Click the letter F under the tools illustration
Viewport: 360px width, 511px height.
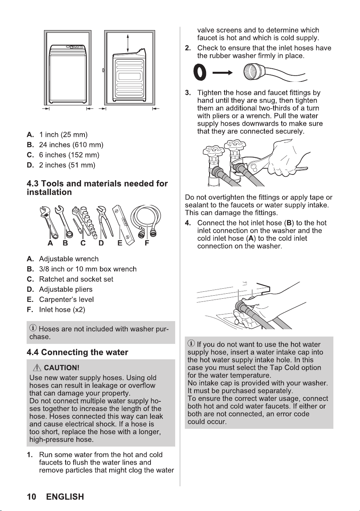click(x=147, y=243)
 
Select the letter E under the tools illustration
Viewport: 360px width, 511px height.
click(x=120, y=243)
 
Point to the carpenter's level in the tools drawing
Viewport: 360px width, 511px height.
click(x=123, y=225)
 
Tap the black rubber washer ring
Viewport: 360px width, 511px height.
click(x=200, y=73)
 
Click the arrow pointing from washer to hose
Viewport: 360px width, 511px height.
click(x=222, y=73)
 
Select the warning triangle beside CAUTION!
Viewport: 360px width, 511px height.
click(x=37, y=367)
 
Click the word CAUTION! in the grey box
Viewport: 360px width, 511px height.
click(x=62, y=368)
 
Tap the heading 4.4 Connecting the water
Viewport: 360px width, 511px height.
click(x=77, y=352)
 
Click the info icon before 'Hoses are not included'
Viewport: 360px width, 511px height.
click(x=33, y=328)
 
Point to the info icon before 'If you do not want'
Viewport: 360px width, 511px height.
click(x=191, y=343)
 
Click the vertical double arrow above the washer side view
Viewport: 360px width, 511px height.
click(x=128, y=43)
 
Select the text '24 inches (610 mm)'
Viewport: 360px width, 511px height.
click(x=71, y=145)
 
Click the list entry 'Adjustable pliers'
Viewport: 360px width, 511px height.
click(x=66, y=289)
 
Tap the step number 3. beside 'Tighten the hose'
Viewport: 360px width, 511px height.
click(x=188, y=93)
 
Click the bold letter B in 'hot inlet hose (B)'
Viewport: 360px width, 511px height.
click(x=289, y=223)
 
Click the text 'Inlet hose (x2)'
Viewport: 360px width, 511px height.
click(x=62, y=310)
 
